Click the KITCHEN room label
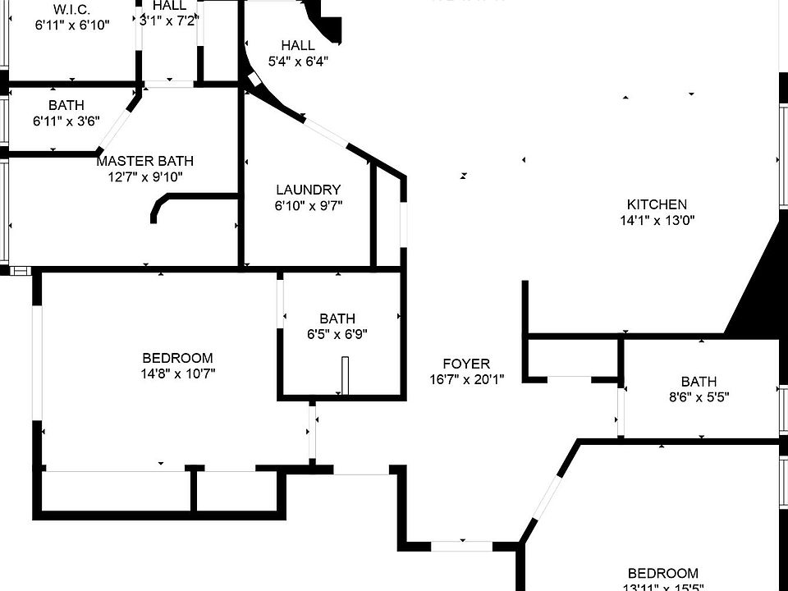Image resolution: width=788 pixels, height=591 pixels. [657, 204]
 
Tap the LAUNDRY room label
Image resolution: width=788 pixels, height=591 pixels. [308, 190]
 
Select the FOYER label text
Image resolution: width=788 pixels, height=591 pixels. [465, 364]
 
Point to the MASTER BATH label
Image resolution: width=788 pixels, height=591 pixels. [144, 161]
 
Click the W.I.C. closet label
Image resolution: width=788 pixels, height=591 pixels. [71, 9]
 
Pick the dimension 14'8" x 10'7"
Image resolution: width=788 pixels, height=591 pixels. [177, 373]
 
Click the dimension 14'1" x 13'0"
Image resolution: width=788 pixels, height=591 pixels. [657, 220]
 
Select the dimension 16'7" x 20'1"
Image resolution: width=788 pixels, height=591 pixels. [466, 379]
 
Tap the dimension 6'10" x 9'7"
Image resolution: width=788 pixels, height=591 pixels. [308, 205]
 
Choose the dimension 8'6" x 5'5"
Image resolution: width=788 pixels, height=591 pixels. [699, 397]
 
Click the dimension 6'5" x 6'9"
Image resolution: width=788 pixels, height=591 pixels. [337, 334]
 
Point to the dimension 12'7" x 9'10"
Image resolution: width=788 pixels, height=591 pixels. [144, 176]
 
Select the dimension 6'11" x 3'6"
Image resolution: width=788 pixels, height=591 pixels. [66, 121]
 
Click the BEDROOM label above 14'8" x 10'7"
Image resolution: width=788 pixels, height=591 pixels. [177, 358]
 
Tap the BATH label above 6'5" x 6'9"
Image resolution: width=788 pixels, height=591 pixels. [337, 318]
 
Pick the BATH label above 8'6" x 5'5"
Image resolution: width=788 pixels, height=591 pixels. [699, 382]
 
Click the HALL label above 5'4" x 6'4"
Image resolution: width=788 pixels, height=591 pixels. [297, 45]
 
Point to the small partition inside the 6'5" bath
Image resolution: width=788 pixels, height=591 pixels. [346, 375]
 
